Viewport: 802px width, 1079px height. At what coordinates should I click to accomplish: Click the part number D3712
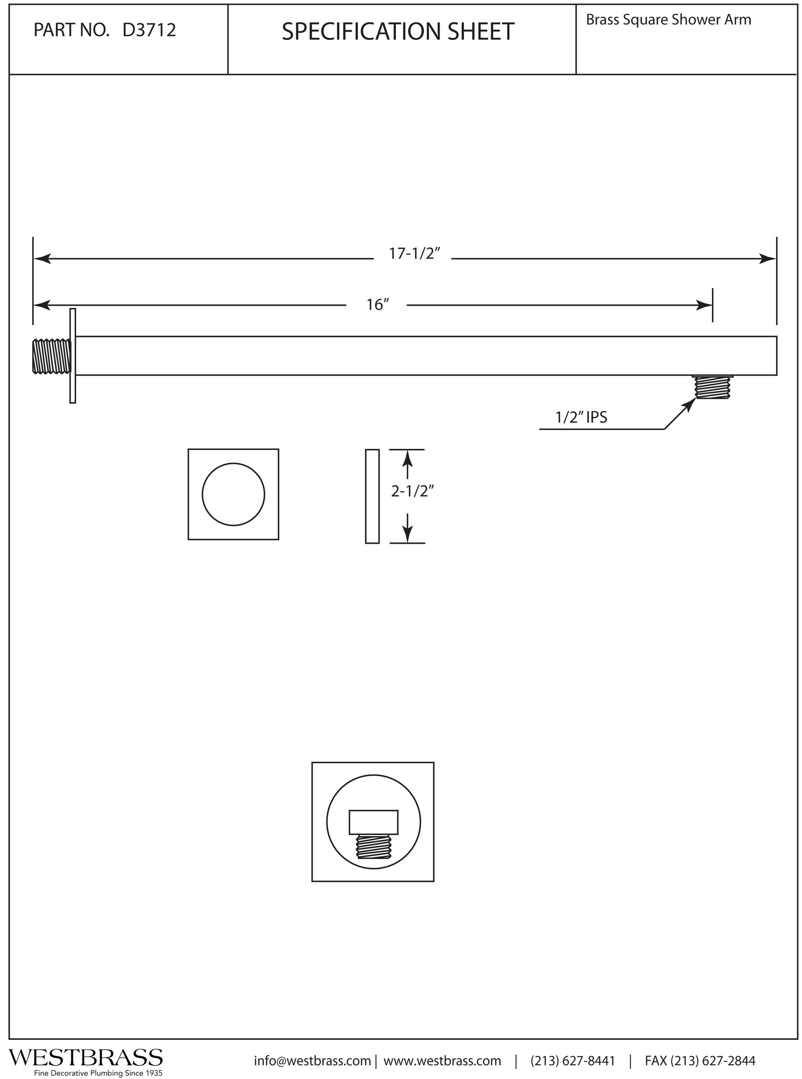point(149,31)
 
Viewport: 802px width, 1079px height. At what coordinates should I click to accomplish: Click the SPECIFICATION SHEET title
point(398,32)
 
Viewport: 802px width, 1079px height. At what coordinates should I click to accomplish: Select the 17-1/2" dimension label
point(414,254)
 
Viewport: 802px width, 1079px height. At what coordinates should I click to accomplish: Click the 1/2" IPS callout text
point(581,417)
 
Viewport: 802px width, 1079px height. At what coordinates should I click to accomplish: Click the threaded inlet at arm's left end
point(51,357)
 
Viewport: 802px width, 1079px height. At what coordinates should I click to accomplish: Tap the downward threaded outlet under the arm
point(712,388)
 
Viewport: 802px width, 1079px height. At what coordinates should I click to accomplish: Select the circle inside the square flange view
point(234,494)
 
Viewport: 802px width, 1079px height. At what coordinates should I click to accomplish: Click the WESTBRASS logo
point(86,1057)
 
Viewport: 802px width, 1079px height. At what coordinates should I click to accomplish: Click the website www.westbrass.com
point(442,1061)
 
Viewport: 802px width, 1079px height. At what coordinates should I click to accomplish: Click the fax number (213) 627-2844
point(700,1061)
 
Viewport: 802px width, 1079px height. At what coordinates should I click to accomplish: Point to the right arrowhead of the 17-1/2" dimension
point(769,259)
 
